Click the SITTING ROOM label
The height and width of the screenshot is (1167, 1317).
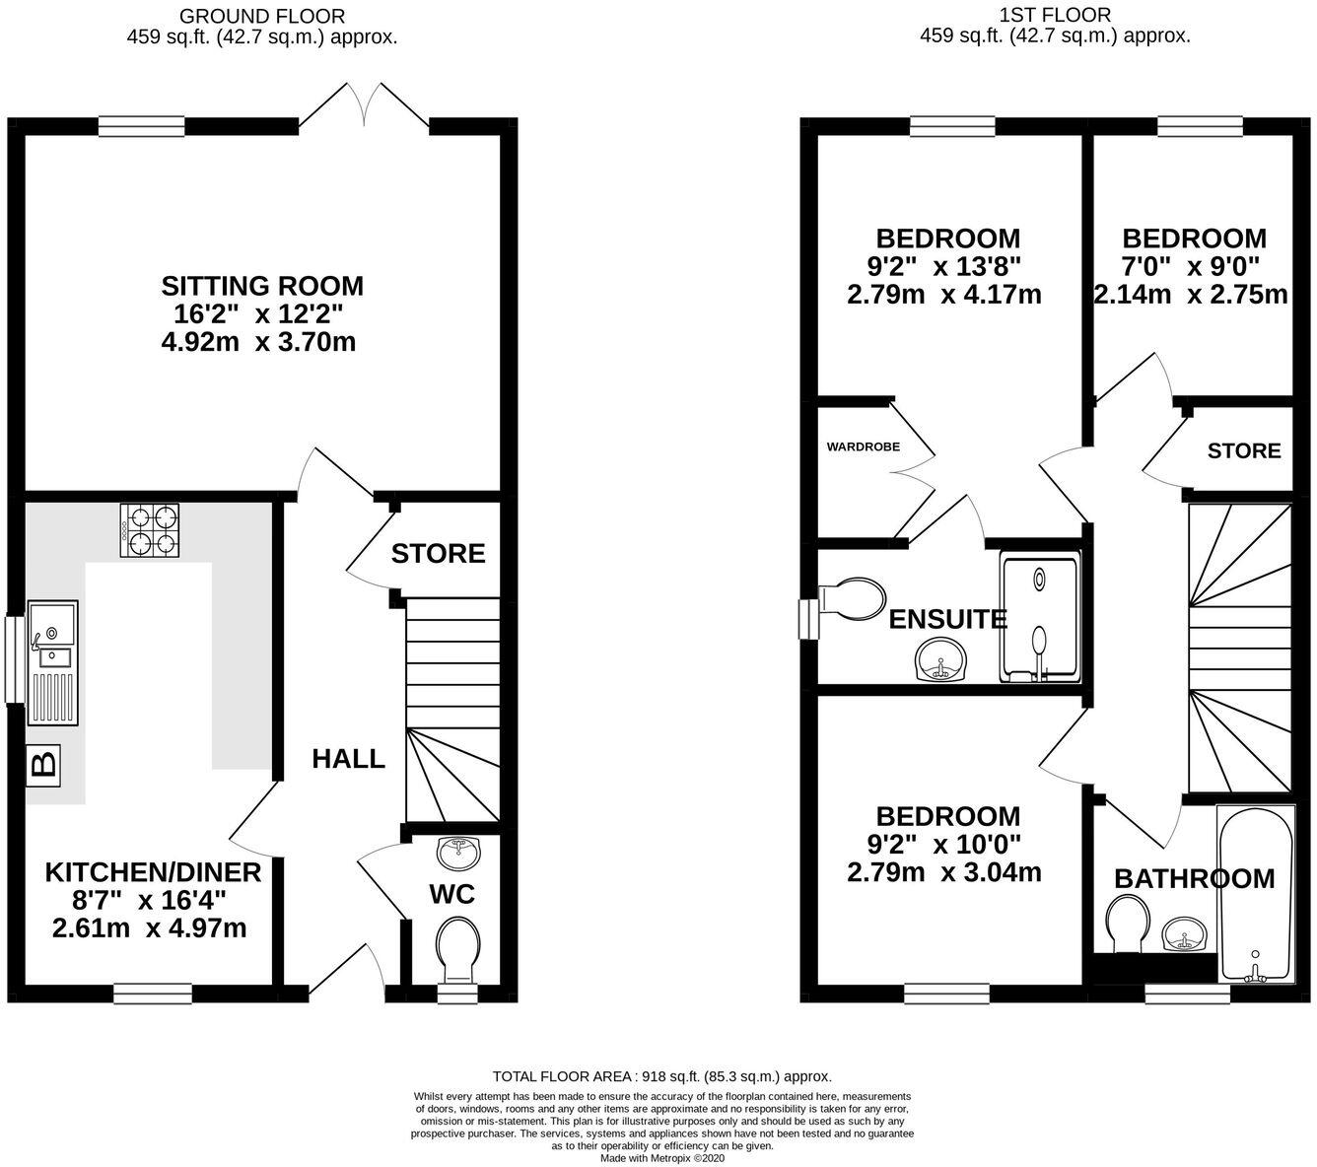click(x=262, y=286)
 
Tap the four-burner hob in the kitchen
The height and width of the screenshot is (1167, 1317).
click(x=151, y=531)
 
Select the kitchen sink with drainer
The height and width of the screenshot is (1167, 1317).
click(x=52, y=661)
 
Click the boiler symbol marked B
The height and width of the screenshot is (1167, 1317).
click(x=42, y=764)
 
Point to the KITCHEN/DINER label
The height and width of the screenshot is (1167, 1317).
click(x=153, y=872)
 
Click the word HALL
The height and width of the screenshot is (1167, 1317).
click(x=348, y=759)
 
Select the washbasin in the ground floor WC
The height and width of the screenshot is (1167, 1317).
click(x=456, y=854)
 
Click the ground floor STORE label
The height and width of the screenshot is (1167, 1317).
click(x=438, y=554)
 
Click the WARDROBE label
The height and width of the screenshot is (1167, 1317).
click(x=863, y=446)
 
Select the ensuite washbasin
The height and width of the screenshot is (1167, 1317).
click(x=941, y=659)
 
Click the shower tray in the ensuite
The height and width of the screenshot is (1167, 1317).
click(x=1040, y=618)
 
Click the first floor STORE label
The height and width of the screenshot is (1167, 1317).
click(x=1244, y=450)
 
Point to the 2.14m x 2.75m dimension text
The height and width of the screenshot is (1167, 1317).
click(x=1192, y=295)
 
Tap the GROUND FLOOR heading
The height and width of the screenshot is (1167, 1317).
click(x=262, y=16)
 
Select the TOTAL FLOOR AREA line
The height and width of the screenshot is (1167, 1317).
click(x=662, y=1077)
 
